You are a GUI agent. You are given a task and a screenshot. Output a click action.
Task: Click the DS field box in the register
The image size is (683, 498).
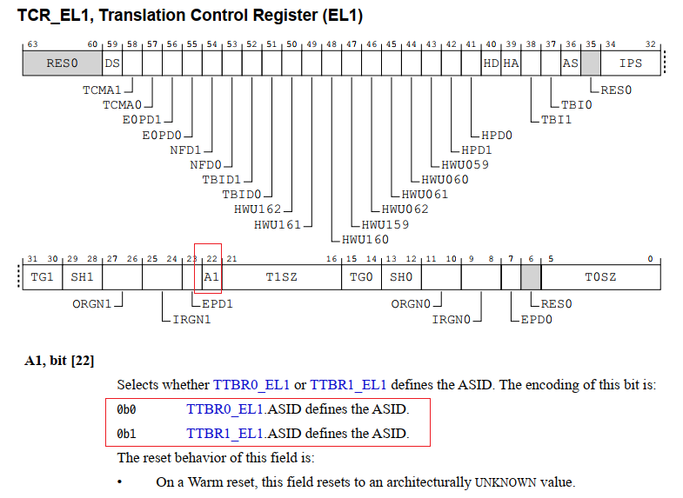pyautogui.click(x=112, y=63)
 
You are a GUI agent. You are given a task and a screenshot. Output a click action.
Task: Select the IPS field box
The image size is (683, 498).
pyautogui.click(x=631, y=63)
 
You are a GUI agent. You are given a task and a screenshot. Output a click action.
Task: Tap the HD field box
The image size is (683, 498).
pyautogui.click(x=492, y=63)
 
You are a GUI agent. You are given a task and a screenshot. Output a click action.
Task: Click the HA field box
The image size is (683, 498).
pyautogui.click(x=511, y=63)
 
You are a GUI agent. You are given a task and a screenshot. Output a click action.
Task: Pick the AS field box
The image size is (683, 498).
pyautogui.click(x=570, y=63)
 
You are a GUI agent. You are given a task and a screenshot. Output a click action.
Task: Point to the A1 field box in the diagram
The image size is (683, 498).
pyautogui.click(x=211, y=276)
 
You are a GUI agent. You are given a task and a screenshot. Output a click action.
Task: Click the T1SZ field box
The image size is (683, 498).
pyautogui.click(x=281, y=276)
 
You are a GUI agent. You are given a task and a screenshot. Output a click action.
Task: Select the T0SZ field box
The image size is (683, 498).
pyautogui.click(x=600, y=276)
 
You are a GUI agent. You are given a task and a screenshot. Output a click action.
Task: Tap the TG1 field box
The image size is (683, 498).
pyautogui.click(x=43, y=276)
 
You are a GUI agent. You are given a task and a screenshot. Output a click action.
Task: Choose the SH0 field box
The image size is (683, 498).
pyautogui.click(x=400, y=276)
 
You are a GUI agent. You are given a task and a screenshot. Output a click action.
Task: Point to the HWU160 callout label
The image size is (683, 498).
pyautogui.click(x=365, y=239)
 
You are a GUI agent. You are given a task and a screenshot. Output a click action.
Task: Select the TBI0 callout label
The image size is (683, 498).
pyautogui.click(x=576, y=104)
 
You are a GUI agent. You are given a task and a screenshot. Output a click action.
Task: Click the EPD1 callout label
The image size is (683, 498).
pyautogui.click(x=218, y=303)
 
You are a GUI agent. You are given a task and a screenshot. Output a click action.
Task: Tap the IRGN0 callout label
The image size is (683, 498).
pyautogui.click(x=451, y=319)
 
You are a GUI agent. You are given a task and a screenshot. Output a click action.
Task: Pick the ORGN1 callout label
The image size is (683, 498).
pyautogui.click(x=92, y=303)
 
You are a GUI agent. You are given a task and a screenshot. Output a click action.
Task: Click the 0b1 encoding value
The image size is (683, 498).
pyautogui.click(x=127, y=433)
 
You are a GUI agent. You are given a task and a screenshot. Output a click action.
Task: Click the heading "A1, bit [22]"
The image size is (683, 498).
pyautogui.click(x=59, y=361)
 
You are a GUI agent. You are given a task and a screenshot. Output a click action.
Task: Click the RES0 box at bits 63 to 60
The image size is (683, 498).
pyautogui.click(x=62, y=63)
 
